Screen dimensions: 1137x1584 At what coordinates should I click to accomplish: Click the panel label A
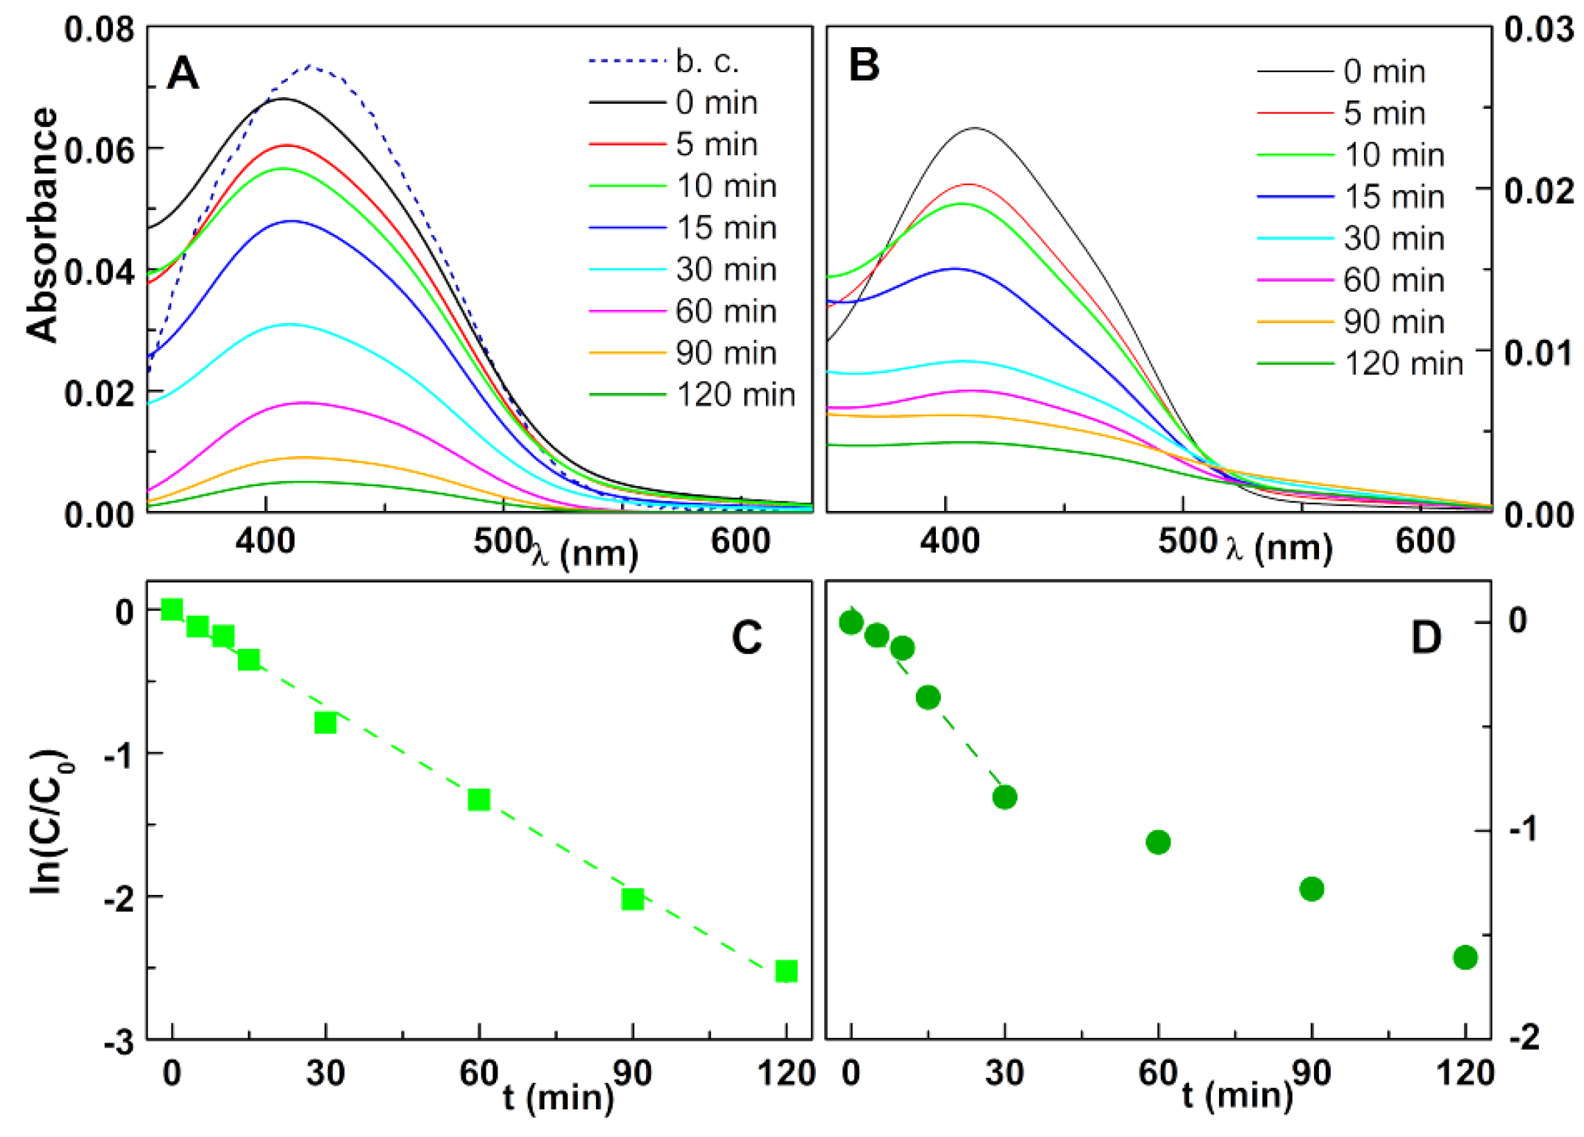183,73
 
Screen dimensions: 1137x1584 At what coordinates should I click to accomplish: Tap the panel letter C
747,637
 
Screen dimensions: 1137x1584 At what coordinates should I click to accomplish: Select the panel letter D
1425,637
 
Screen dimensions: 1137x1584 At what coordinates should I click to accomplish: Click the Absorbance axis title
43,225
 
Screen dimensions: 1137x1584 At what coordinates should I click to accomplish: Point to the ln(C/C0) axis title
50,822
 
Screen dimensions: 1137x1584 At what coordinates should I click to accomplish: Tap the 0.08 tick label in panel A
99,30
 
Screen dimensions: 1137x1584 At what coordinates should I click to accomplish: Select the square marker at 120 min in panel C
786,971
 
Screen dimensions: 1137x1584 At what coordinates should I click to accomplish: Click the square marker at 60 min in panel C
479,799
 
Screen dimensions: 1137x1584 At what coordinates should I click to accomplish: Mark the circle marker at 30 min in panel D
1005,797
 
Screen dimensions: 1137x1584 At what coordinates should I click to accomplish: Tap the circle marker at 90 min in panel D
1311,889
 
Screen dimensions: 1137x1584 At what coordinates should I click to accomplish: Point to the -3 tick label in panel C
119,1044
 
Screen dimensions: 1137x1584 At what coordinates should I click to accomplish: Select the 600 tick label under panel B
1424,541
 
